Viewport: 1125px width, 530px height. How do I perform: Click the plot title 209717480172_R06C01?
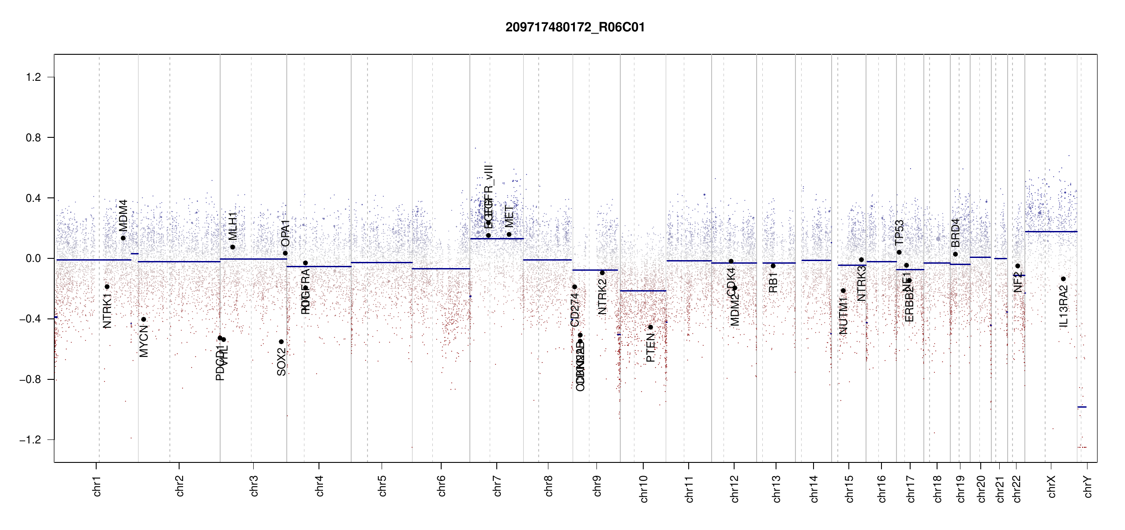coord(575,27)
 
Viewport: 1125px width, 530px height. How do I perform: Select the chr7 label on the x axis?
coord(497,486)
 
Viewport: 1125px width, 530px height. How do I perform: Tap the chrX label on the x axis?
coord(1051,486)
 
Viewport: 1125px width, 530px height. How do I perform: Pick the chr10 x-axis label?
coord(643,488)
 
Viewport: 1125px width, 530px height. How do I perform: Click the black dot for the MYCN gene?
coord(143,319)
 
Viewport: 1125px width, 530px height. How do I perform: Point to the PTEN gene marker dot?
coord(650,327)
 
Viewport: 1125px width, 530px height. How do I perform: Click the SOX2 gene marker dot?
coord(281,342)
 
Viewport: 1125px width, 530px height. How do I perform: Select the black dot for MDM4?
coord(123,238)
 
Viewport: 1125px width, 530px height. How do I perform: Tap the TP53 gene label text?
coord(899,232)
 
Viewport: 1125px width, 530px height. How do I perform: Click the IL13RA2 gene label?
coord(1063,307)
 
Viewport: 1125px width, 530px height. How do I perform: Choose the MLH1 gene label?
coord(232,226)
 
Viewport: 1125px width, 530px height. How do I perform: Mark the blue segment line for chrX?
coord(1051,231)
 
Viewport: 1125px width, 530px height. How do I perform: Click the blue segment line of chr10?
coord(643,291)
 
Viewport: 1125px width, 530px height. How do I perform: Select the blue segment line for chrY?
coord(1082,407)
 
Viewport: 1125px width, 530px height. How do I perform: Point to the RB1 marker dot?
coord(773,266)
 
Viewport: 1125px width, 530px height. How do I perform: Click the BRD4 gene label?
coord(955,233)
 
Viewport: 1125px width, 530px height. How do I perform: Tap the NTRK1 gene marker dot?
coord(107,287)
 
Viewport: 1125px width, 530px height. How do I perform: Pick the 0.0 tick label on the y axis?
coord(34,258)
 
